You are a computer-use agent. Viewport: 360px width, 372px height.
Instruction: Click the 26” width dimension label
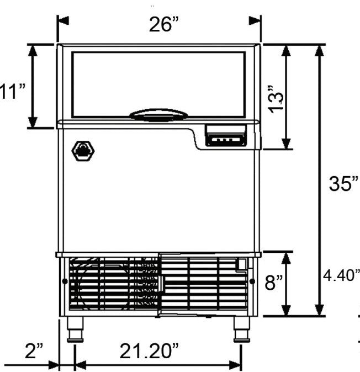pyautogui.click(x=163, y=25)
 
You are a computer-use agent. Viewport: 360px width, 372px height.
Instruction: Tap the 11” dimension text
pyautogui.click(x=12, y=91)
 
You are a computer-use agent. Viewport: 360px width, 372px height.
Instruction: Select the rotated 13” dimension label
pyautogui.click(x=276, y=99)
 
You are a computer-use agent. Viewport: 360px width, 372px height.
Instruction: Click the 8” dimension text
pyautogui.click(x=274, y=283)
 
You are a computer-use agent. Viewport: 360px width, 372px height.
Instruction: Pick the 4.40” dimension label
pyautogui.click(x=341, y=275)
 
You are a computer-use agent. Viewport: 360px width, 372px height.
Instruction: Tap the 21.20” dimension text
pyautogui.click(x=149, y=351)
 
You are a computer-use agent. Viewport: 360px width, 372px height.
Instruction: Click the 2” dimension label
pyautogui.click(x=34, y=351)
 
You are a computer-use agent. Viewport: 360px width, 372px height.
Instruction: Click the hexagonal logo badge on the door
pyautogui.click(x=83, y=151)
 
